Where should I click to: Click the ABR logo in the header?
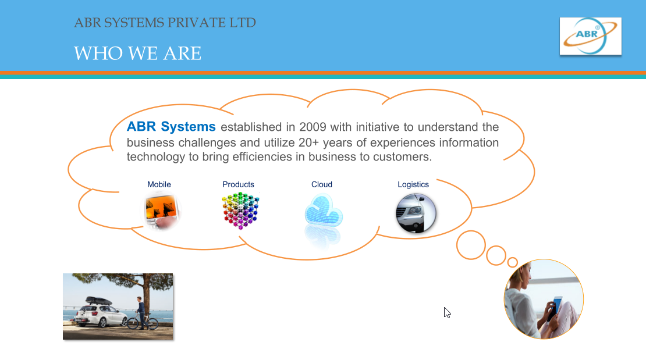tap(590, 36)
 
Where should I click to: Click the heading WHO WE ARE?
tap(137, 54)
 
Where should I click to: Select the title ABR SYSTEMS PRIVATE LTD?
tap(165, 23)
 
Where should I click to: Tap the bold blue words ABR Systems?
tap(171, 126)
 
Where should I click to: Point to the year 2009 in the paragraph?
tap(313, 127)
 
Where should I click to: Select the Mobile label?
tap(159, 184)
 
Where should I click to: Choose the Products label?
tap(238, 184)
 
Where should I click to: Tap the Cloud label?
tap(322, 184)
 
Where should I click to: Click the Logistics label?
tap(413, 184)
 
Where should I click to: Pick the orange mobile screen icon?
tap(162, 212)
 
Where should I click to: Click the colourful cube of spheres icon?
tap(240, 211)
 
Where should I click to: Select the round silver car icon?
tap(416, 213)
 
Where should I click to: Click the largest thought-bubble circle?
tap(471, 245)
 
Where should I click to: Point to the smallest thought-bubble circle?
tap(513, 262)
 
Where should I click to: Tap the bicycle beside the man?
tap(143, 320)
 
